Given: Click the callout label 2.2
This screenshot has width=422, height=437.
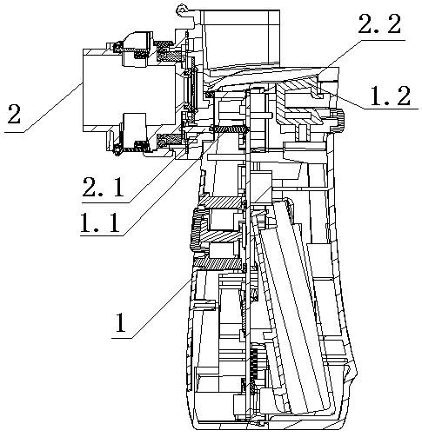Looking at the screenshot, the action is [x=379, y=24].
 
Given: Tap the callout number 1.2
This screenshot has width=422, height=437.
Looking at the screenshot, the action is [x=390, y=96].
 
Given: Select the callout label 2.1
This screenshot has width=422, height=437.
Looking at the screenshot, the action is [x=104, y=187].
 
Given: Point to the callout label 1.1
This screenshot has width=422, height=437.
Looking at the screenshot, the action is [x=100, y=222].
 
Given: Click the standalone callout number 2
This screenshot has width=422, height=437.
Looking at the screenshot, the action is [x=14, y=115].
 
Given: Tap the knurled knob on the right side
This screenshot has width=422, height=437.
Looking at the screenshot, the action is [x=338, y=121].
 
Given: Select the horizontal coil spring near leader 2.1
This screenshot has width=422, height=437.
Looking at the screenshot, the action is [x=230, y=129].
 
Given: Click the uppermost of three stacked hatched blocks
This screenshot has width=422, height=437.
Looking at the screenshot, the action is [x=220, y=202].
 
